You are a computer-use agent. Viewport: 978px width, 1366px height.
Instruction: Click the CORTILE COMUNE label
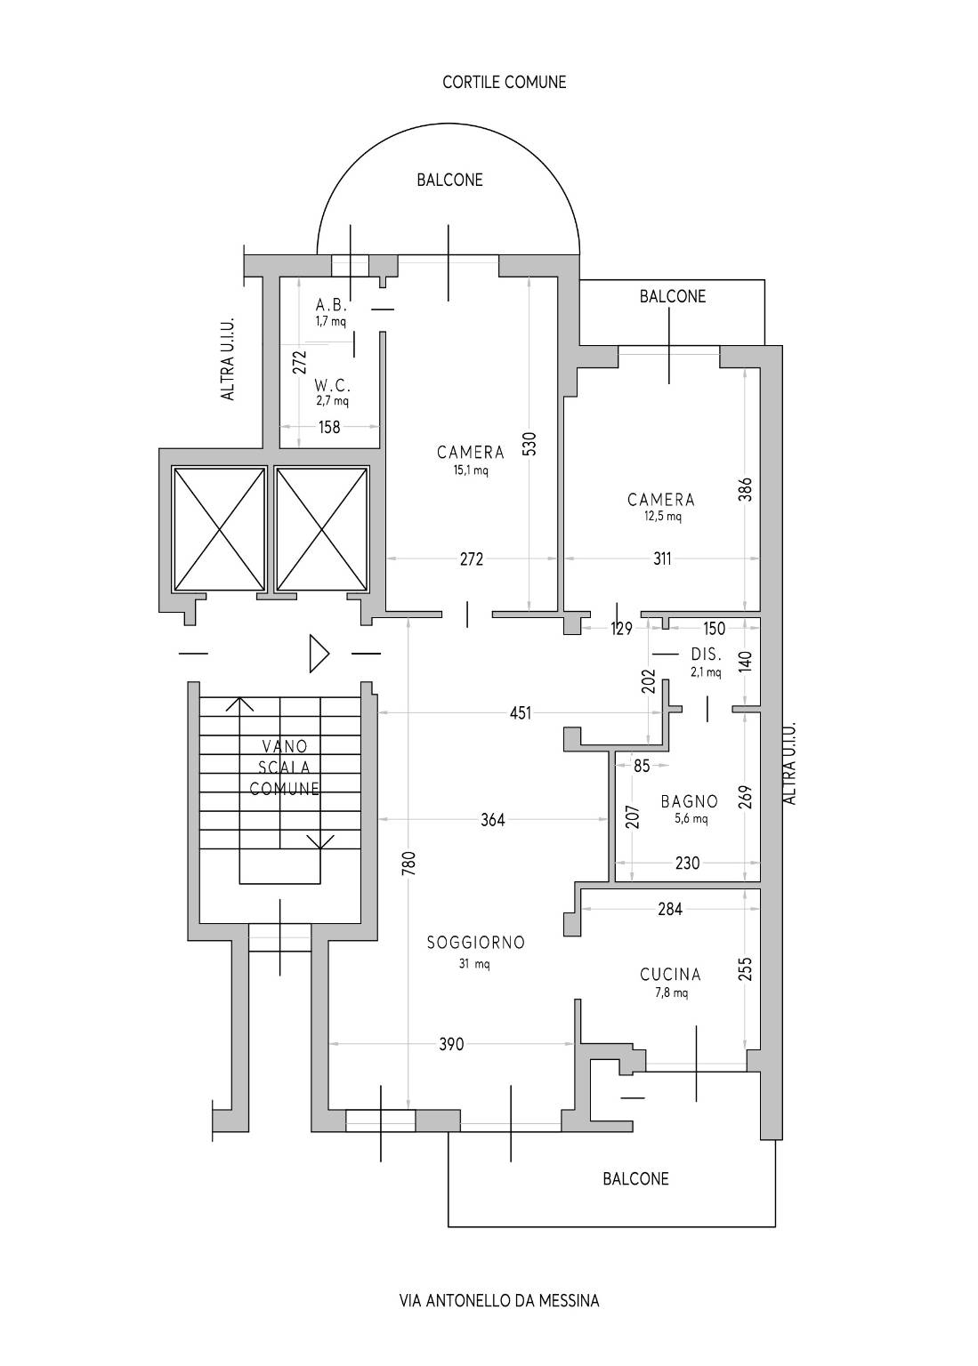coord(504,83)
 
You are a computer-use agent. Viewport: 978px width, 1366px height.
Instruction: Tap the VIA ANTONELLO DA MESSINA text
coord(499,1301)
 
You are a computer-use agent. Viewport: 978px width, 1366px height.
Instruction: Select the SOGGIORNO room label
coord(476,943)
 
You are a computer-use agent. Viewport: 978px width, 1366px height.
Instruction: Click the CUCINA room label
coord(670,975)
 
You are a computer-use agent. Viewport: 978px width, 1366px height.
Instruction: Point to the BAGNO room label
coord(690,801)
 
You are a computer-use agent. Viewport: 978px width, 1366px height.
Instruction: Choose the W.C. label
coord(333,386)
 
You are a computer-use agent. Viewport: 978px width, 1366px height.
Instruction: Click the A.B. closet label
coord(331,306)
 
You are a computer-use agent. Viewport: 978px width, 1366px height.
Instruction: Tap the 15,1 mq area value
coord(471,470)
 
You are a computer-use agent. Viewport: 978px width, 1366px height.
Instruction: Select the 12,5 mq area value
coord(662,517)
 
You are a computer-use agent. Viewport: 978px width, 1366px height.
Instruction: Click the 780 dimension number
coord(408,863)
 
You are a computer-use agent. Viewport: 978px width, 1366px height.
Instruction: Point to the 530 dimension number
coord(529,444)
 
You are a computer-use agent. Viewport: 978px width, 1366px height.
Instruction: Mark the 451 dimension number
coord(521,713)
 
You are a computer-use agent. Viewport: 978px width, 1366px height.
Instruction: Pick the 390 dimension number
coord(451,1045)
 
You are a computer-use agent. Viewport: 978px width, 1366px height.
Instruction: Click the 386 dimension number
coord(745,489)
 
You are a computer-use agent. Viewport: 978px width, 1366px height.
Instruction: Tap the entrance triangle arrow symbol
coord(319,654)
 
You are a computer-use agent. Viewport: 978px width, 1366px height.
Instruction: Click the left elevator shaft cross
coord(219,529)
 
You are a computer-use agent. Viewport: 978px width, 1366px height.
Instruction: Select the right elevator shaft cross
coord(322,529)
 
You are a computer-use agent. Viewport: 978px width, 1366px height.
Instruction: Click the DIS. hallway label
coord(706,655)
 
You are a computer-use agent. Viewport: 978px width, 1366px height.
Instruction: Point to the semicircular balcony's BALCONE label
coord(449,180)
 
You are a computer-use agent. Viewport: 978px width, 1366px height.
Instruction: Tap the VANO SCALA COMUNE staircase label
coord(284,767)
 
